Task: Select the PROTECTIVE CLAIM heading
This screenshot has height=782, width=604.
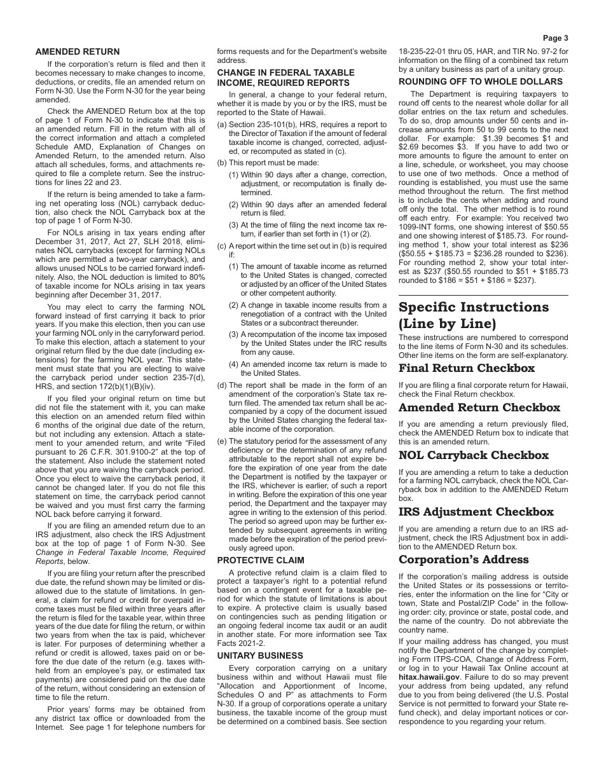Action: [252, 560]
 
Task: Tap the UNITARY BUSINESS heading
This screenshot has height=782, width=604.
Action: [251, 655]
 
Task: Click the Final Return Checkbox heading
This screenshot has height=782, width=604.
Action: [466, 368]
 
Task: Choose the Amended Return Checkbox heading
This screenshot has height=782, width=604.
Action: [479, 408]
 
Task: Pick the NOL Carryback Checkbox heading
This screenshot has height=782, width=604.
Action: [473, 455]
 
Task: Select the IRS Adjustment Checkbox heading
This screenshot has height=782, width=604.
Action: [476, 512]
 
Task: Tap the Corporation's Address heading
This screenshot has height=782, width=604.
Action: [463, 559]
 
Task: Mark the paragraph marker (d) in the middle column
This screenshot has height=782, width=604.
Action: [222, 385]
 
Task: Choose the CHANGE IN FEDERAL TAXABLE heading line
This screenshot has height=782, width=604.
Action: [285, 72]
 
